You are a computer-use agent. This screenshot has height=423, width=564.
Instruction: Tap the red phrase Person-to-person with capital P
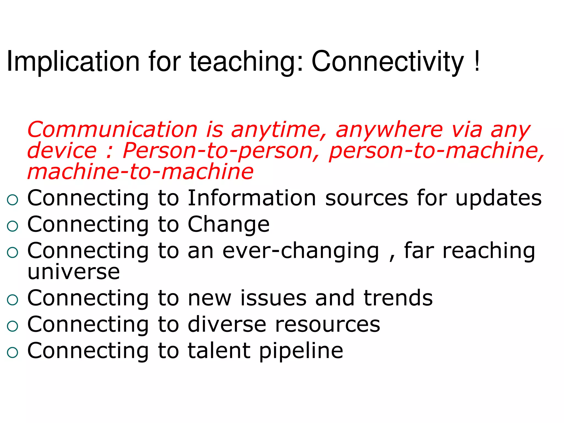218,151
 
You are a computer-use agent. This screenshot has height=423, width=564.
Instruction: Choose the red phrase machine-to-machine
140,171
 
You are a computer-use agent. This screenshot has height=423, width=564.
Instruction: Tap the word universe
74,272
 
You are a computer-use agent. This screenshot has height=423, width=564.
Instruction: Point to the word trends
398,298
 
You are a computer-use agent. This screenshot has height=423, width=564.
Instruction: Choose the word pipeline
301,351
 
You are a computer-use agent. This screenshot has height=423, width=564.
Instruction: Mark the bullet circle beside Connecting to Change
13,226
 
